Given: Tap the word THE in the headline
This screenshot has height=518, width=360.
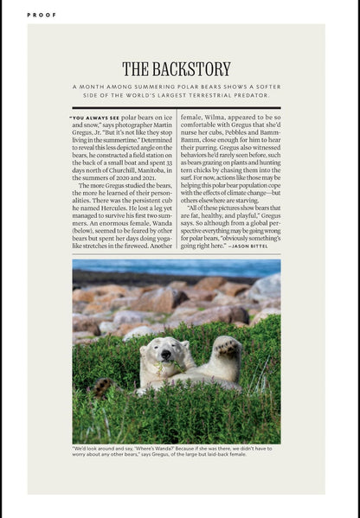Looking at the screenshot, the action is (136, 68).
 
